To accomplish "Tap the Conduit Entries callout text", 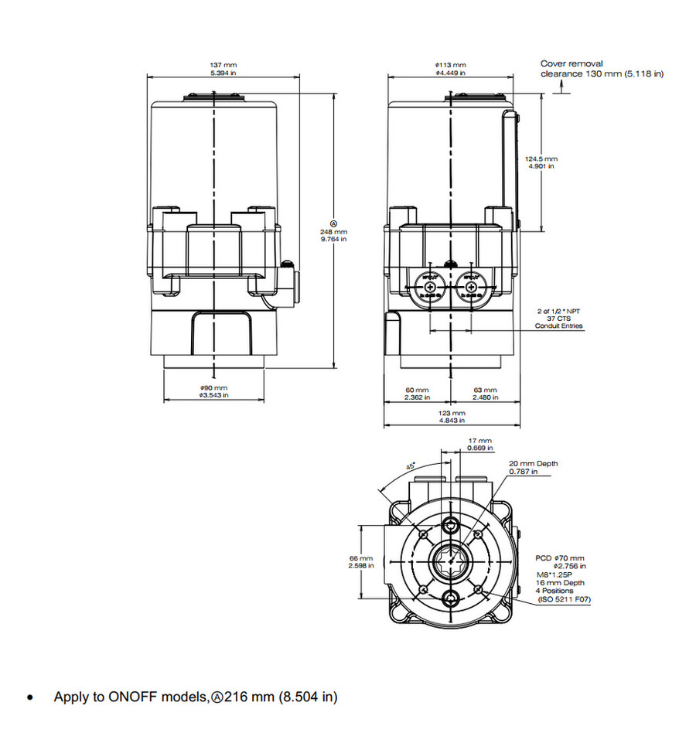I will coord(559,326).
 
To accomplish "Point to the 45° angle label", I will coord(411,465).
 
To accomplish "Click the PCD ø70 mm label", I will coord(561,557).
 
